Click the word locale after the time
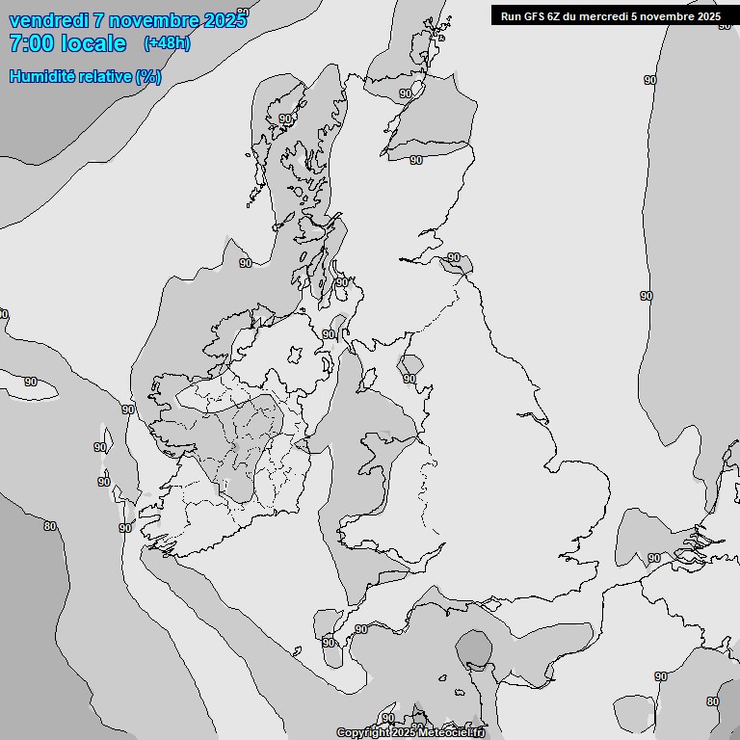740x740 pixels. (93, 43)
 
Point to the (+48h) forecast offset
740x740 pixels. (167, 43)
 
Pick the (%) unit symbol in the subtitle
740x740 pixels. (148, 77)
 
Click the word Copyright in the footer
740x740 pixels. (362, 733)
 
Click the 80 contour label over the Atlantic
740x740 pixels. (50, 526)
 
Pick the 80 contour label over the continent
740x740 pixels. (712, 701)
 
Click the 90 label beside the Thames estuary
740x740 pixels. (654, 558)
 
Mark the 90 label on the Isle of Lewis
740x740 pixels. (284, 119)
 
